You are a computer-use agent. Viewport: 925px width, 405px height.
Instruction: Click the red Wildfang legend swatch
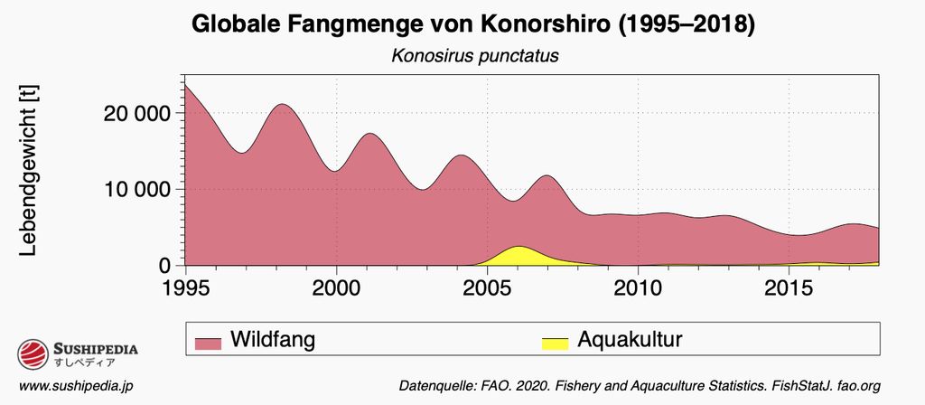(209, 342)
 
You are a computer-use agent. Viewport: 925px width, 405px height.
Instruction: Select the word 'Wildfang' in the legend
(273, 340)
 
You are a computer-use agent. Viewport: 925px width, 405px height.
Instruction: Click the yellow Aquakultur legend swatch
(555, 342)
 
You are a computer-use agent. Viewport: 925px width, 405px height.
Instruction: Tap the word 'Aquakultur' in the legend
(630, 340)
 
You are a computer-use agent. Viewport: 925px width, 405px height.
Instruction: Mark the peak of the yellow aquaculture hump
(519, 247)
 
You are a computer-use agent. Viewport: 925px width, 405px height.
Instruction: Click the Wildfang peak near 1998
(283, 104)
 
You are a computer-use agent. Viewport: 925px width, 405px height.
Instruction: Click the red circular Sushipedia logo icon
(33, 353)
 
